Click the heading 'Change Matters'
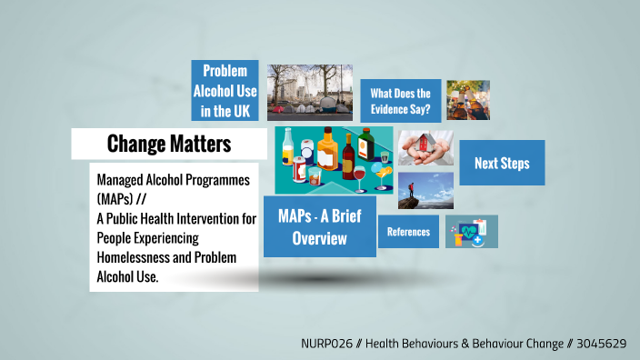[x=169, y=144]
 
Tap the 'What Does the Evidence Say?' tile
[x=401, y=101]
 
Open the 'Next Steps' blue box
[x=502, y=164]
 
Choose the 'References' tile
[x=408, y=232]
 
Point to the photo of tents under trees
[x=309, y=91]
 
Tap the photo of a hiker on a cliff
[x=425, y=191]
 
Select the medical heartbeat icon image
[x=471, y=232]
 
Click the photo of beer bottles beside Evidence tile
[x=468, y=100]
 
